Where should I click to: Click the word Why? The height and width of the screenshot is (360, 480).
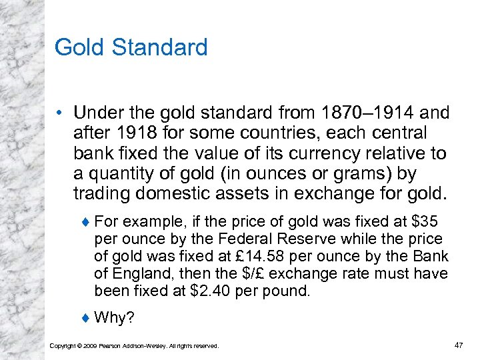pyautogui.click(x=115, y=318)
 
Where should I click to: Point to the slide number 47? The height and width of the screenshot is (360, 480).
pyautogui.click(x=458, y=345)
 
